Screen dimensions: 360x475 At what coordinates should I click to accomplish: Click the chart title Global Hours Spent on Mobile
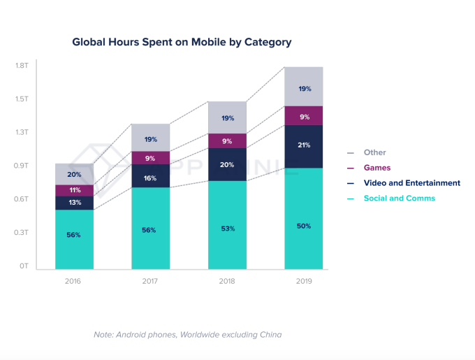pyautogui.click(x=182, y=42)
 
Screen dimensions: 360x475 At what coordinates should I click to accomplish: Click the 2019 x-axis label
pyautogui.click(x=303, y=281)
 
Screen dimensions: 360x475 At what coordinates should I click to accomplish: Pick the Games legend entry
pyautogui.click(x=377, y=168)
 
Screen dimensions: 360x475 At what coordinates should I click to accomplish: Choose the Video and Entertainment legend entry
pyautogui.click(x=411, y=183)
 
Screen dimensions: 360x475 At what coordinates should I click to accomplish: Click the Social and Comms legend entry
pyautogui.click(x=399, y=199)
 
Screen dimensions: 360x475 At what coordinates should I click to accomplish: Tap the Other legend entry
pyautogui.click(x=374, y=152)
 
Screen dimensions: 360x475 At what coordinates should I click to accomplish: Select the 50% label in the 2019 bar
pyautogui.click(x=303, y=226)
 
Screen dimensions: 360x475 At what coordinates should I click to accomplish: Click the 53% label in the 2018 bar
pyautogui.click(x=227, y=229)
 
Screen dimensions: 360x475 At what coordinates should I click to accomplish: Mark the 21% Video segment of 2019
pyautogui.click(x=303, y=145)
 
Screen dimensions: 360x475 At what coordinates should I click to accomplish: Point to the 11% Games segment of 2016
pyautogui.click(x=74, y=190)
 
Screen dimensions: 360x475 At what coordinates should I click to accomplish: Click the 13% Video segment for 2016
pyautogui.click(x=74, y=203)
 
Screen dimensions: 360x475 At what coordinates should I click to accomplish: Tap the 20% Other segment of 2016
pyautogui.click(x=74, y=174)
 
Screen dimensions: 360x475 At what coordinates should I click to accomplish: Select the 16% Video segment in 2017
pyautogui.click(x=151, y=178)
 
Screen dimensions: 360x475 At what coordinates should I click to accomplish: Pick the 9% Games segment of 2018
pyautogui.click(x=227, y=141)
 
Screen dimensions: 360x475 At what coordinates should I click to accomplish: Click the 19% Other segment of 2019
pyautogui.click(x=303, y=89)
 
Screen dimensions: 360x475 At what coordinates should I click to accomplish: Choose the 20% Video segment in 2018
pyautogui.click(x=227, y=165)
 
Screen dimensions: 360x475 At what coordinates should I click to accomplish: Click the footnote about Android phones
pyautogui.click(x=188, y=335)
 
